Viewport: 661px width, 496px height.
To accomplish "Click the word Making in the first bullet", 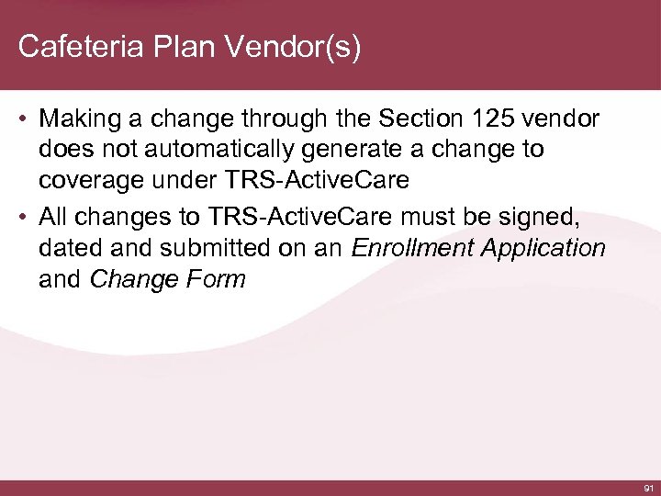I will pos(82,119).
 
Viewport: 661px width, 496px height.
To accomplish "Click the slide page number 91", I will pos(648,486).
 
